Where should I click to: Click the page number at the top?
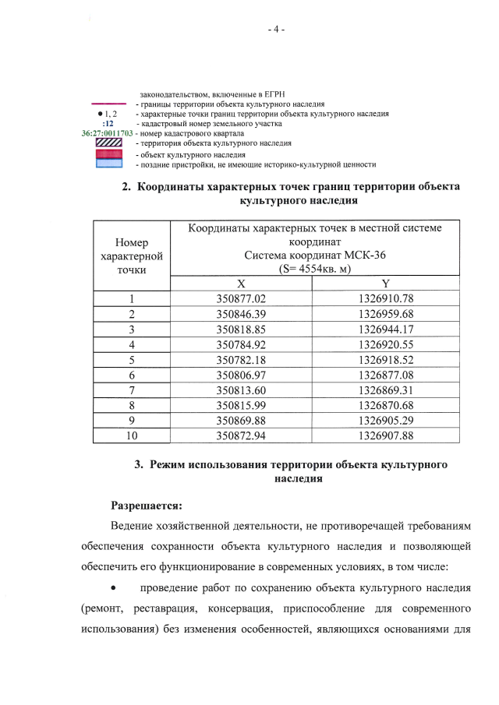pyautogui.click(x=276, y=30)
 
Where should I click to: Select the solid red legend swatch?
pyautogui.click(x=109, y=154)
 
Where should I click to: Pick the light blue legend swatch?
pyautogui.click(x=109, y=164)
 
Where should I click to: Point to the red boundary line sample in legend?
pyautogui.click(x=109, y=103)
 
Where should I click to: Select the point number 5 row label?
pyautogui.click(x=133, y=359)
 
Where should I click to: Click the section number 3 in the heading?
pyautogui.click(x=138, y=464)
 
